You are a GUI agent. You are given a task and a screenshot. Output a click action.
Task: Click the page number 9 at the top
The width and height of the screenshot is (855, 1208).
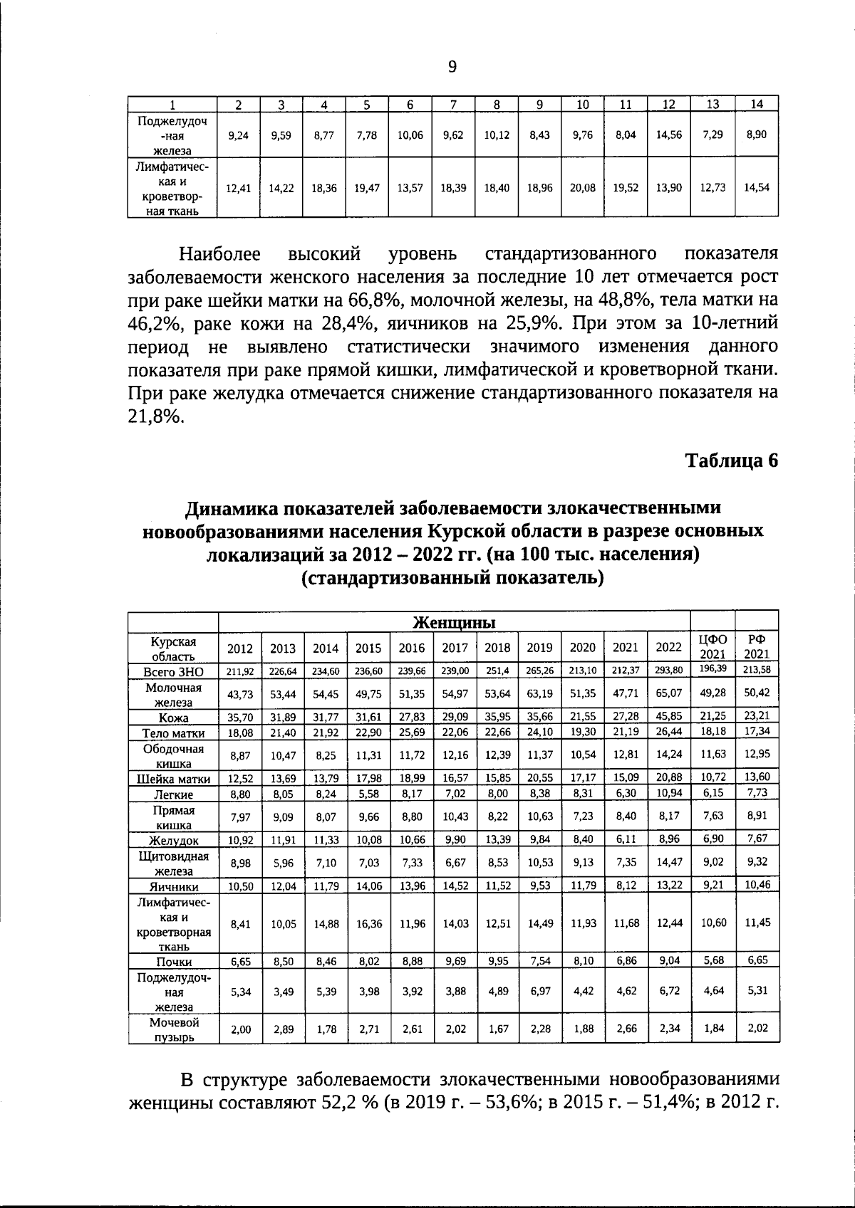point(452,67)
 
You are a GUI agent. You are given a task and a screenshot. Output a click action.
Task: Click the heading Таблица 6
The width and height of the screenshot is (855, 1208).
point(732,460)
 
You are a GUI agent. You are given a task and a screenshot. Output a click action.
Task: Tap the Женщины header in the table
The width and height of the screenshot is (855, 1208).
point(455,622)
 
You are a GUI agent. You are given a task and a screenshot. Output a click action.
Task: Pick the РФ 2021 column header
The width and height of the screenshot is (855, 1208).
point(757,646)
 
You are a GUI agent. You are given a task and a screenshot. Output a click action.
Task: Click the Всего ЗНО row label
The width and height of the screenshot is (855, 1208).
point(173,671)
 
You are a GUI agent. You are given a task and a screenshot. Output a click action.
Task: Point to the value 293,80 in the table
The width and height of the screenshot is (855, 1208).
point(669,670)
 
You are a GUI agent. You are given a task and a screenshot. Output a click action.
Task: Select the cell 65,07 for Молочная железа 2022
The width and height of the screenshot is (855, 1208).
point(669,693)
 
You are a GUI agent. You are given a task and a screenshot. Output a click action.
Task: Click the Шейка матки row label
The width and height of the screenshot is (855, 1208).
point(173,779)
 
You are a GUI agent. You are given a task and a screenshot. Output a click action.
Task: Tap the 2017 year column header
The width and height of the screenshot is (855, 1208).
point(455,648)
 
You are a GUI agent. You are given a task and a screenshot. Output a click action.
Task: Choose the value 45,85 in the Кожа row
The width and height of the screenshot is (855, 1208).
point(669,716)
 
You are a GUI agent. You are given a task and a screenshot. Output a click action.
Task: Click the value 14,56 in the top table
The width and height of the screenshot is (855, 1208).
point(668,135)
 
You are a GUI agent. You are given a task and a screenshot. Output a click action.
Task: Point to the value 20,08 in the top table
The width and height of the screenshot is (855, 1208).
point(582,188)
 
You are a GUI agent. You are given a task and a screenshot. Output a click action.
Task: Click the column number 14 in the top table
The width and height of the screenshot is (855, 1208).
point(757,104)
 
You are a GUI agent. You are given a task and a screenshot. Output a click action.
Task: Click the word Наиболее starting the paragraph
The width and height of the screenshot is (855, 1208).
point(220,254)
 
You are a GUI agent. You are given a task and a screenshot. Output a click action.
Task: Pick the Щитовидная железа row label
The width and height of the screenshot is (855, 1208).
point(173,863)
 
